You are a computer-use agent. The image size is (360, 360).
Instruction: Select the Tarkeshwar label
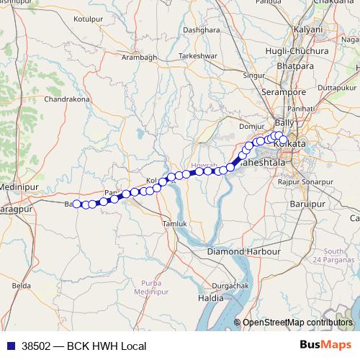tap(197, 55)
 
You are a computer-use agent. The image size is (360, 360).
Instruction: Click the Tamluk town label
tap(175, 224)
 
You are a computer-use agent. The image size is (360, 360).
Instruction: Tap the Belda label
tap(21, 286)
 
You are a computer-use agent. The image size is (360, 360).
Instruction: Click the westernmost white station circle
tap(77, 204)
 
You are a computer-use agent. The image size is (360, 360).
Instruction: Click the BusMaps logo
tap(330, 345)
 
